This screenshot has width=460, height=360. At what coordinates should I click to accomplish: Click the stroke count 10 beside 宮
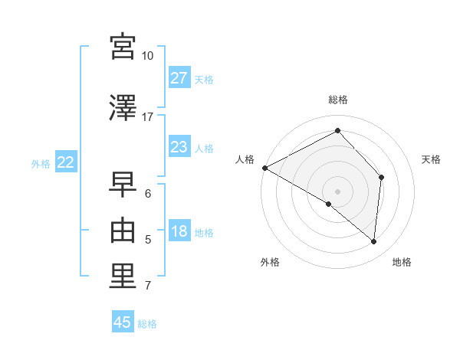pyautogui.click(x=148, y=56)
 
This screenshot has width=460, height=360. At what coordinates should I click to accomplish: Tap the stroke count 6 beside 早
pyautogui.click(x=148, y=194)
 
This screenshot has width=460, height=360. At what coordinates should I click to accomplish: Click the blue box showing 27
pyautogui.click(x=179, y=78)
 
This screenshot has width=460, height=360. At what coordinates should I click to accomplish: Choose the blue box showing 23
pyautogui.click(x=179, y=147)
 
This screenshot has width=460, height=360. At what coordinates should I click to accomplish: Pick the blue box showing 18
pyautogui.click(x=179, y=232)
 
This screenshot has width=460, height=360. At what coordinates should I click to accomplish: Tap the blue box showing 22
pyautogui.click(x=65, y=162)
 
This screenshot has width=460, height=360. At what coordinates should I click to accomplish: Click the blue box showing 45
pyautogui.click(x=123, y=322)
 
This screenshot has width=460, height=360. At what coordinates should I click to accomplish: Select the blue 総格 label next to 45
pyautogui.click(x=147, y=324)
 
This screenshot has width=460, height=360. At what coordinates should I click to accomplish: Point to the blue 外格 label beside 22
pyautogui.click(x=41, y=163)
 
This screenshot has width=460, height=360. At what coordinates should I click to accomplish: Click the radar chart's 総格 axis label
pyautogui.click(x=338, y=100)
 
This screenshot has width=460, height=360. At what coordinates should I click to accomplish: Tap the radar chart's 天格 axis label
pyautogui.click(x=431, y=159)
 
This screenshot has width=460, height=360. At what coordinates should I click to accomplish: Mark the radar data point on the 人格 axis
pyautogui.click(x=264, y=167)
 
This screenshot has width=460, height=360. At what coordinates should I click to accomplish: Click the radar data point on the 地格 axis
pyautogui.click(x=374, y=241)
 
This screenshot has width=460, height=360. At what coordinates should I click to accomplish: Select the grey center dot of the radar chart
pyautogui.click(x=337, y=191)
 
